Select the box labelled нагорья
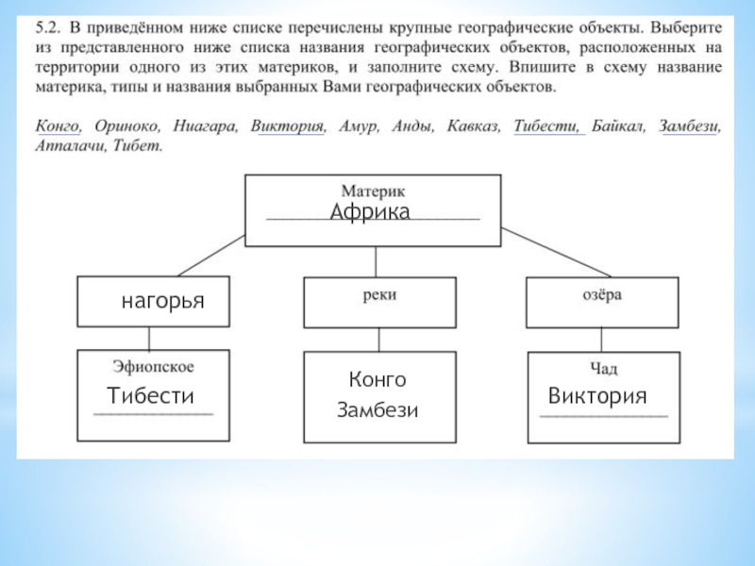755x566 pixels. click(153, 302)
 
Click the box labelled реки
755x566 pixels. click(378, 302)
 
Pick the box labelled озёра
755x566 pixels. click(602, 302)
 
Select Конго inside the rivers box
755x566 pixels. click(377, 379)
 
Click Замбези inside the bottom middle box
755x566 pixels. click(377, 410)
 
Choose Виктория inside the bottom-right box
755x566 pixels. click(597, 395)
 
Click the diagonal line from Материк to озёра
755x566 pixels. click(552, 254)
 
